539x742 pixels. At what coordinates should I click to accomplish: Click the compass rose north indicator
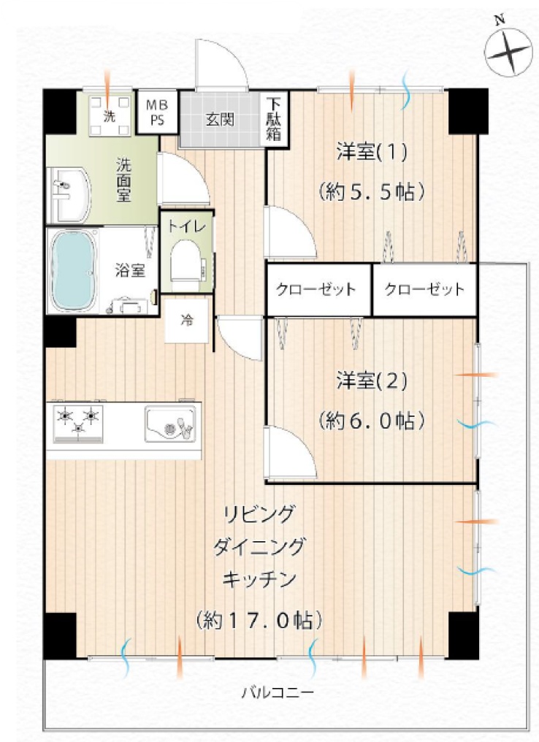pos(509,50)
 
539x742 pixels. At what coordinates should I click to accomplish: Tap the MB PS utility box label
pos(156,112)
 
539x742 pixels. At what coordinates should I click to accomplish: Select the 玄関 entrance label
pos(220,119)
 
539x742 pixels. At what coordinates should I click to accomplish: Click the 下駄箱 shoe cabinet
pos(274,119)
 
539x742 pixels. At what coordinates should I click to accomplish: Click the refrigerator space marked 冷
pos(186,321)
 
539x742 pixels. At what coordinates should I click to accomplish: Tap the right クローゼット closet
pos(425,289)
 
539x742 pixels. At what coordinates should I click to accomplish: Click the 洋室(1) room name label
pos(372,153)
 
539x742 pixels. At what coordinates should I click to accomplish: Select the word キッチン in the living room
pos(259,579)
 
